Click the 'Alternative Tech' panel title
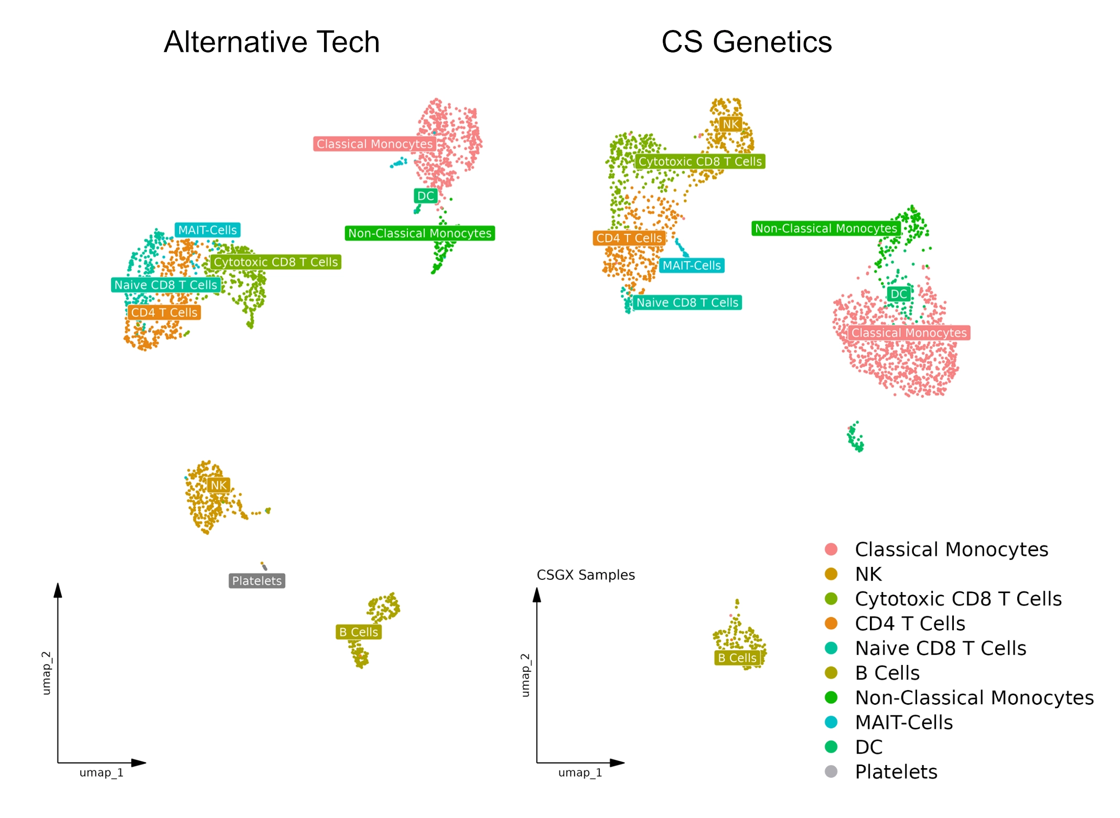tap(272, 42)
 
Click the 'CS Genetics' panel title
tap(746, 42)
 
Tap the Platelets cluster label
tap(257, 580)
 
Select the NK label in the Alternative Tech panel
tap(219, 485)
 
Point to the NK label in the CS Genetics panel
tap(730, 124)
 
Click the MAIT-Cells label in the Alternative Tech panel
tap(208, 230)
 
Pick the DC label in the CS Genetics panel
tap(899, 294)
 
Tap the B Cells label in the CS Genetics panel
tap(737, 658)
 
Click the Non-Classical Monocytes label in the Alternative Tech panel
tap(419, 233)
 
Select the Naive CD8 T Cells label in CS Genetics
tap(687, 302)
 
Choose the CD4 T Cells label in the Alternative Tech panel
tap(164, 312)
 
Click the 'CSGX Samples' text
tap(586, 575)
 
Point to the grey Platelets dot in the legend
tap(831, 771)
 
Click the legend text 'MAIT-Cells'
tap(904, 722)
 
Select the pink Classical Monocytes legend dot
tap(831, 549)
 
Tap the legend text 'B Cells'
tap(887, 673)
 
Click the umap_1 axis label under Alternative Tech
tap(101, 772)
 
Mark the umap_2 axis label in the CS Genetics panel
tap(525, 675)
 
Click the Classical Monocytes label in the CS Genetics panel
tap(909, 332)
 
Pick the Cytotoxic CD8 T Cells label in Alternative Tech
tap(276, 262)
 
